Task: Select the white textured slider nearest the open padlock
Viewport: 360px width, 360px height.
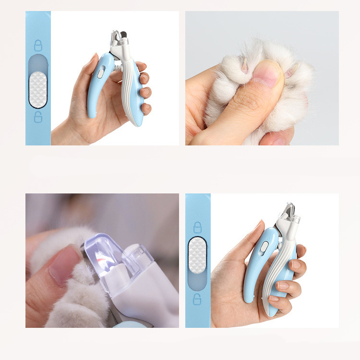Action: [x=38, y=90]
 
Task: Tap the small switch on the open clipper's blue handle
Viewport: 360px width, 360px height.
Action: [x=101, y=73]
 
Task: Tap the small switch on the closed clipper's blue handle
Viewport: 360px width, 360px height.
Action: [x=264, y=246]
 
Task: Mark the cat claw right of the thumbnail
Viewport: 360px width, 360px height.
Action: [x=290, y=73]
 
